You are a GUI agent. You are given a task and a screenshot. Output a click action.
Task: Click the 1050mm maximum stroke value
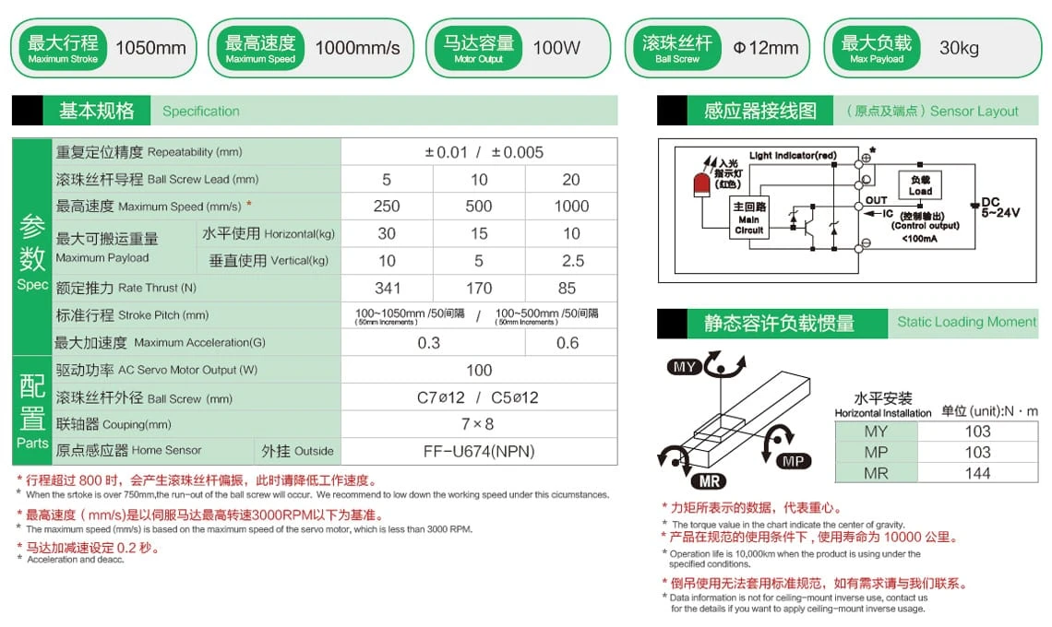pyautogui.click(x=150, y=48)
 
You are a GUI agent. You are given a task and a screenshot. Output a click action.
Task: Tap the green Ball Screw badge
pyautogui.click(x=677, y=48)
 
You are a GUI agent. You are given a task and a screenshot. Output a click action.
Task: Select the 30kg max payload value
pyautogui.click(x=959, y=48)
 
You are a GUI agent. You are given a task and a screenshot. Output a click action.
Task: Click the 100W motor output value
pyautogui.click(x=556, y=48)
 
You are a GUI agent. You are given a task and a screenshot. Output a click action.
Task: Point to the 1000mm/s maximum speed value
pyautogui.click(x=357, y=48)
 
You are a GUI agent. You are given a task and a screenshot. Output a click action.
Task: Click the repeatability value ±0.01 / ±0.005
pyautogui.click(x=479, y=152)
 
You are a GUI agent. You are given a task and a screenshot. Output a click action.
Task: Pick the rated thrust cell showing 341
pyautogui.click(x=387, y=288)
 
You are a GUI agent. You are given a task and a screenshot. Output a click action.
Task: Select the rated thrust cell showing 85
pyautogui.click(x=571, y=288)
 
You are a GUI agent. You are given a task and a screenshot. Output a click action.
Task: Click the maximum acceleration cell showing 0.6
pyautogui.click(x=568, y=342)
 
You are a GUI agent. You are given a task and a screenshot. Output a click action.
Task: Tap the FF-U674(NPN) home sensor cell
pyautogui.click(x=479, y=451)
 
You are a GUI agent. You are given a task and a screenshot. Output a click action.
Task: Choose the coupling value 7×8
pyautogui.click(x=479, y=424)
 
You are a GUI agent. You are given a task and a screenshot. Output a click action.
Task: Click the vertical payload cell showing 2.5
pyautogui.click(x=571, y=261)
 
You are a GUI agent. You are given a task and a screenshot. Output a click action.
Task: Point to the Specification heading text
pyautogui.click(x=200, y=112)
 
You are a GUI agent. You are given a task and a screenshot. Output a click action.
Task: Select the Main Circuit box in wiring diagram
pyautogui.click(x=748, y=219)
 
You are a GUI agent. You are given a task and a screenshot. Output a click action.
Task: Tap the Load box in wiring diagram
pyautogui.click(x=920, y=185)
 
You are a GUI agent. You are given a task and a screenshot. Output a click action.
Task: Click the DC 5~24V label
pyautogui.click(x=999, y=207)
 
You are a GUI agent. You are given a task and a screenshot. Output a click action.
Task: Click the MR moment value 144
pyautogui.click(x=977, y=473)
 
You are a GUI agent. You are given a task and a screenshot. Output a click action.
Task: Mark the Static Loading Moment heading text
pyautogui.click(x=967, y=322)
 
